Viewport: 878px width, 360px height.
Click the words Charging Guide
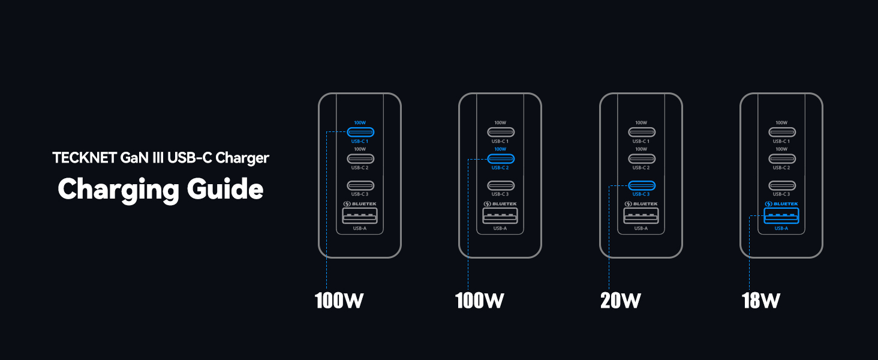pyautogui.click(x=160, y=189)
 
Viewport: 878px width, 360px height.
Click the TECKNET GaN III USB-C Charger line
pyautogui.click(x=161, y=158)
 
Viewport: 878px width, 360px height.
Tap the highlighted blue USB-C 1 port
pyautogui.click(x=360, y=132)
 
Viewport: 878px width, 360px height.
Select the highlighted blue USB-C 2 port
pyautogui.click(x=500, y=158)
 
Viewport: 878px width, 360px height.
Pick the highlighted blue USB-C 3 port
pyautogui.click(x=641, y=185)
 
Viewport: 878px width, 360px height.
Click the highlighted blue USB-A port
pyautogui.click(x=781, y=216)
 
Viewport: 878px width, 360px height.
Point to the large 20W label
pyautogui.click(x=621, y=300)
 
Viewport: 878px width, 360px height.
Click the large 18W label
pyautogui.click(x=760, y=300)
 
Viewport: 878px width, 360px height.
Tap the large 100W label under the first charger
pyautogui.click(x=339, y=300)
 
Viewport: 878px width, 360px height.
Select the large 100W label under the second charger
pyautogui.click(x=480, y=300)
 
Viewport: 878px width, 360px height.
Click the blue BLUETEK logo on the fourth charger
pyautogui.click(x=781, y=204)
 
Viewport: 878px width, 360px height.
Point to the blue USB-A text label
pyautogui.click(x=781, y=229)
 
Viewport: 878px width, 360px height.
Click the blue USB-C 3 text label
pyautogui.click(x=641, y=194)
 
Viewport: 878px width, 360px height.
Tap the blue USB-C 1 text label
pyautogui.click(x=360, y=141)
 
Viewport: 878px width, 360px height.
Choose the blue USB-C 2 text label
pyautogui.click(x=500, y=167)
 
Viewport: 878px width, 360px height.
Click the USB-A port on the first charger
pyautogui.click(x=360, y=216)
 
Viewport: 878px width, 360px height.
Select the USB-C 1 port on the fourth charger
pyautogui.click(x=781, y=132)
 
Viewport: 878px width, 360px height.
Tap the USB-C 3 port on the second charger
pyautogui.click(x=500, y=185)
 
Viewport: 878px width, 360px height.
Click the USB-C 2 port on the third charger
pyautogui.click(x=641, y=158)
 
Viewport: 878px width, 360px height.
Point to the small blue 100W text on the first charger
pyautogui.click(x=360, y=122)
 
